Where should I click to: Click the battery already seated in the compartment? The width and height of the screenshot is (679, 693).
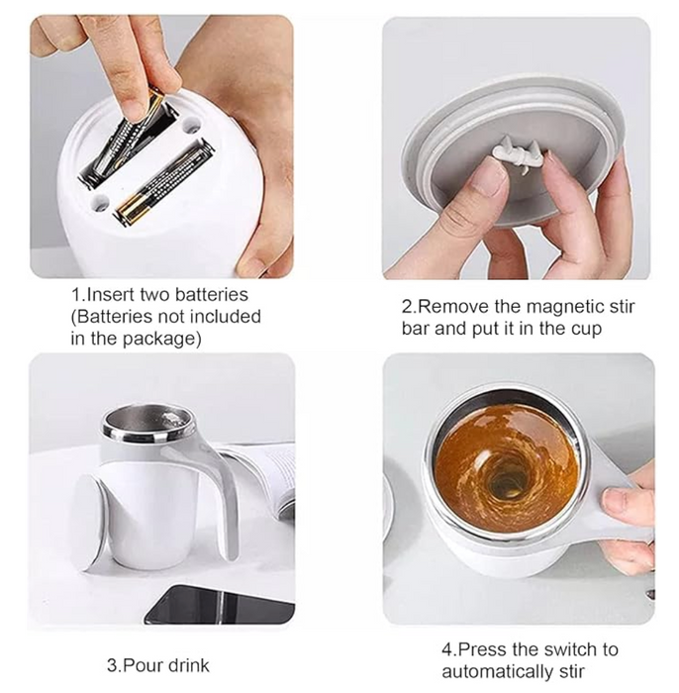pos(162,182)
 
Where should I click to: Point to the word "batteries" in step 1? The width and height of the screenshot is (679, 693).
pos(212,295)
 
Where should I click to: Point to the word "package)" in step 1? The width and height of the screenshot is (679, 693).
pos(161,340)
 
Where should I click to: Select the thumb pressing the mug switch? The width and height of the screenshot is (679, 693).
pos(627,502)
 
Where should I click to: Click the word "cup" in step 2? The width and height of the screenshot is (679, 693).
pos(586,330)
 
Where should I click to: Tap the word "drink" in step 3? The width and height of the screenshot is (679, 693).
pos(188,665)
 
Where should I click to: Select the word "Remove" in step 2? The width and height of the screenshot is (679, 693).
pos(452,306)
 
